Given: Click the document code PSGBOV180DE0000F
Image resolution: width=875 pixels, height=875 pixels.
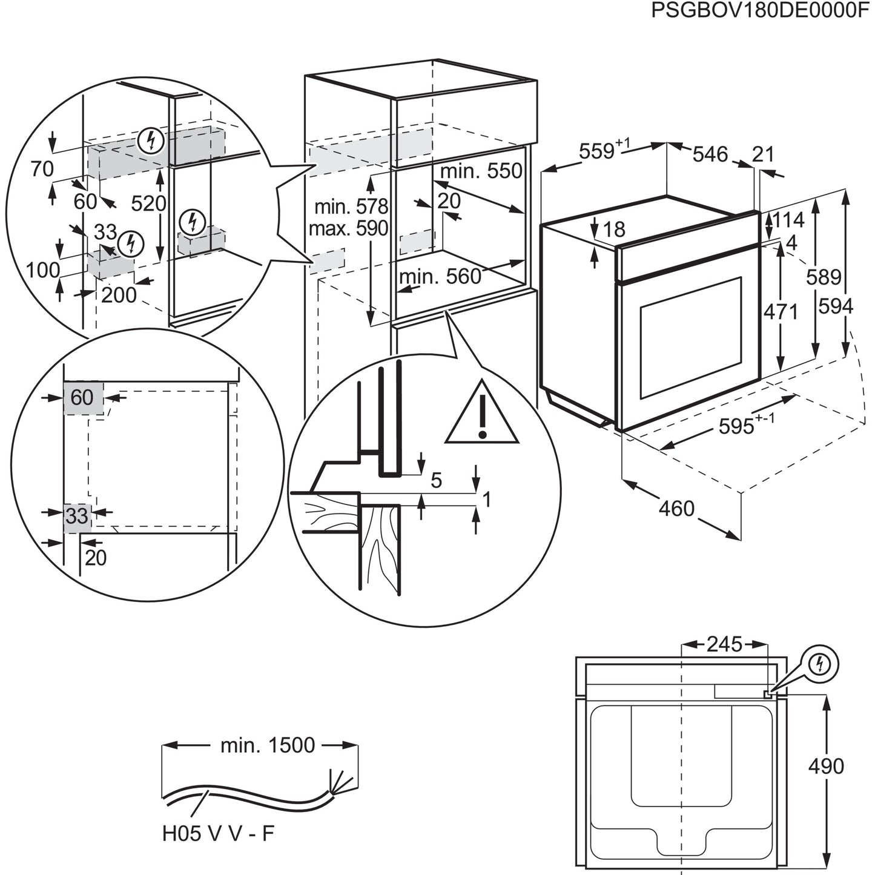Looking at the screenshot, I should click(760, 12).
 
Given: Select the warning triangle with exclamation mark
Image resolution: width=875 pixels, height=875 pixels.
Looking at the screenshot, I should click(482, 414).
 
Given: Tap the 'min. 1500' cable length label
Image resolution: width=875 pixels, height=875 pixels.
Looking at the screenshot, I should click(267, 745).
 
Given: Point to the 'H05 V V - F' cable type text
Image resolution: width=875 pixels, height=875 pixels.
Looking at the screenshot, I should click(218, 834).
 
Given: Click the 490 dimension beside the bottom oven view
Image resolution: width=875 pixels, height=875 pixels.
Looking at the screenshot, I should click(826, 766).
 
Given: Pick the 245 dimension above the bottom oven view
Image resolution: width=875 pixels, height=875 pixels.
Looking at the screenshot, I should click(724, 644).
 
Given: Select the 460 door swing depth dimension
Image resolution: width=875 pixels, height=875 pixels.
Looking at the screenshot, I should click(676, 508).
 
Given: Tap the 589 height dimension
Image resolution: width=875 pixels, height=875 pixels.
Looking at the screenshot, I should click(823, 277).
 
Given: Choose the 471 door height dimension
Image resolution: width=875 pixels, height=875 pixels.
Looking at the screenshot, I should click(781, 312).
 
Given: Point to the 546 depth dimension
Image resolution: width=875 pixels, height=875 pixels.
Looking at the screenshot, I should click(710, 154).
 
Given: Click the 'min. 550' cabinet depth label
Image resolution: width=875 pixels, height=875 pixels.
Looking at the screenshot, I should click(481, 171).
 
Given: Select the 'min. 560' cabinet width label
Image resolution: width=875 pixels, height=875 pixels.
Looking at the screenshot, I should click(440, 277).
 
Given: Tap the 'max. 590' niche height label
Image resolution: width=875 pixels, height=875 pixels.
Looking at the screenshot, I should click(348, 229).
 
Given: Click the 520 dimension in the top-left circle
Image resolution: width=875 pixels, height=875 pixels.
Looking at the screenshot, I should click(148, 203).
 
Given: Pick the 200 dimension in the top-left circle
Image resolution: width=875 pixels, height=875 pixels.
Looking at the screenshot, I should click(119, 295).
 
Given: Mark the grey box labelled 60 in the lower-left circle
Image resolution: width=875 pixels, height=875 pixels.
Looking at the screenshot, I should click(83, 398).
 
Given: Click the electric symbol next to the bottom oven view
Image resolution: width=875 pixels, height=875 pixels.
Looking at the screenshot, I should click(820, 664).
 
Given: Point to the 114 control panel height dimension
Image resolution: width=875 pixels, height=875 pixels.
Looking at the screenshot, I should click(787, 220).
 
